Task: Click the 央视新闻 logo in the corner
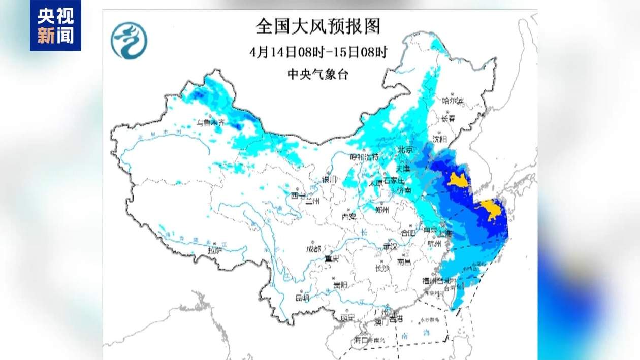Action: tap(55, 25)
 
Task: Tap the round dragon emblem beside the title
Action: tap(129, 41)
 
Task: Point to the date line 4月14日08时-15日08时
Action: tap(318, 52)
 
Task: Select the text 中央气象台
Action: tap(318, 74)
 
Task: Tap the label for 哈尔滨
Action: tap(453, 101)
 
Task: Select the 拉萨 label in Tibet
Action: tap(215, 249)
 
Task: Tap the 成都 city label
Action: tap(313, 249)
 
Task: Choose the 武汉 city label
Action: tap(390, 246)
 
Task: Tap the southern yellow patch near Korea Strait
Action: tap(489, 210)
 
